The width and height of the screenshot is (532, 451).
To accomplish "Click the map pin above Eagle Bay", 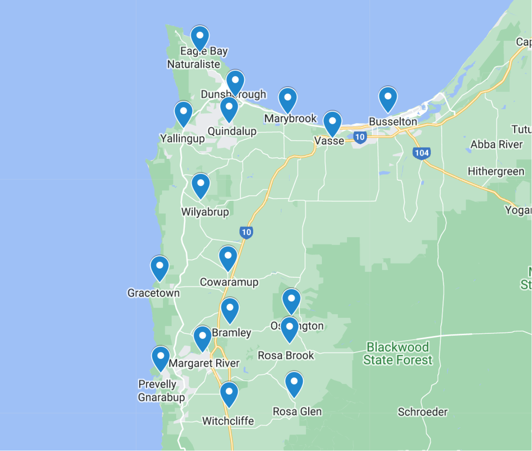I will [x=200, y=37].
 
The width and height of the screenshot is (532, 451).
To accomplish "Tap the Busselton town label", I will [x=393, y=121].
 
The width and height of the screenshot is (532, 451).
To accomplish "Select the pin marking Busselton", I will [x=388, y=99].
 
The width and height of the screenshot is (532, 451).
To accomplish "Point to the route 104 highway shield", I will [x=421, y=153].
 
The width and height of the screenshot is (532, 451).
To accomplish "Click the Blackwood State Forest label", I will [x=398, y=354].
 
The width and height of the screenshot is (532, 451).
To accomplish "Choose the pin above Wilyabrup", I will [x=201, y=185].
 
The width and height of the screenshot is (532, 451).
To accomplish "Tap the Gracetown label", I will [x=153, y=293].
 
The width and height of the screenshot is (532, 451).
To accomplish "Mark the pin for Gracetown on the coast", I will [x=160, y=267].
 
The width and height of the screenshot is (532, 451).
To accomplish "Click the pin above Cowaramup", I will [x=228, y=257].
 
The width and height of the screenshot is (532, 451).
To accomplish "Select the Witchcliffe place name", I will [x=228, y=421].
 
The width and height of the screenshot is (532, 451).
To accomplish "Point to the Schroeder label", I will [x=423, y=412].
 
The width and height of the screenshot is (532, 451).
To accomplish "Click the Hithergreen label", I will [x=496, y=171].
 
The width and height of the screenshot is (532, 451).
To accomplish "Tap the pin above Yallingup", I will [x=183, y=113].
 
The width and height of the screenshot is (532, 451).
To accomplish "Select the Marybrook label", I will [x=290, y=119].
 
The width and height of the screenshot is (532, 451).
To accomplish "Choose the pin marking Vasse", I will [x=332, y=123].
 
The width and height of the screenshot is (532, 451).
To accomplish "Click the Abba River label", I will [x=496, y=145].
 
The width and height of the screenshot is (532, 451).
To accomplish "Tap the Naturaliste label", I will [x=193, y=64].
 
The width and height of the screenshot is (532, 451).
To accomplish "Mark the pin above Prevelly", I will [x=160, y=358].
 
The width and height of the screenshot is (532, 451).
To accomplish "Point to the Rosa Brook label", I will [x=286, y=355].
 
